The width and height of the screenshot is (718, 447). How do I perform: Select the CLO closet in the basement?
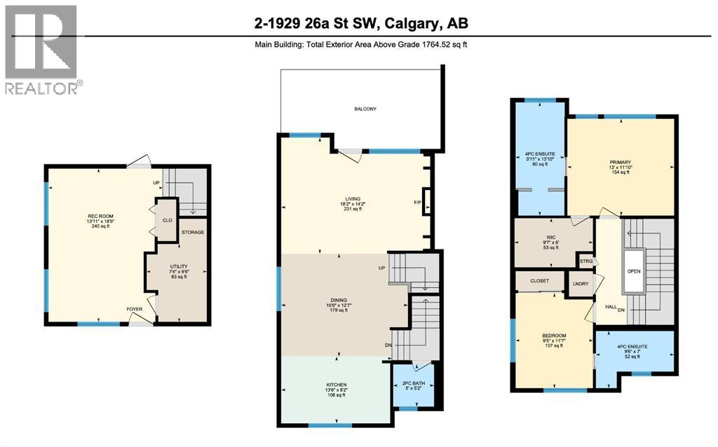click(x=167, y=219)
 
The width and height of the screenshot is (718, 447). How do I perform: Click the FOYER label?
click(x=134, y=308)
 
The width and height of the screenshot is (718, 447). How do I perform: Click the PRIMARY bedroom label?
click(x=621, y=163)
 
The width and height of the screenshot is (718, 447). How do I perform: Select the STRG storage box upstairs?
click(x=586, y=262)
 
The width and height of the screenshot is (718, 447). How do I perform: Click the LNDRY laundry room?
click(x=580, y=284)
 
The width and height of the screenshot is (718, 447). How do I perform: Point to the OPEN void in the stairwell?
click(x=633, y=270)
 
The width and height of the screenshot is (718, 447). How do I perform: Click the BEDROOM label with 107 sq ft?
click(x=554, y=335)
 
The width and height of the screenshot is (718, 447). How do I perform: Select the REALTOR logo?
click(x=41, y=49)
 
